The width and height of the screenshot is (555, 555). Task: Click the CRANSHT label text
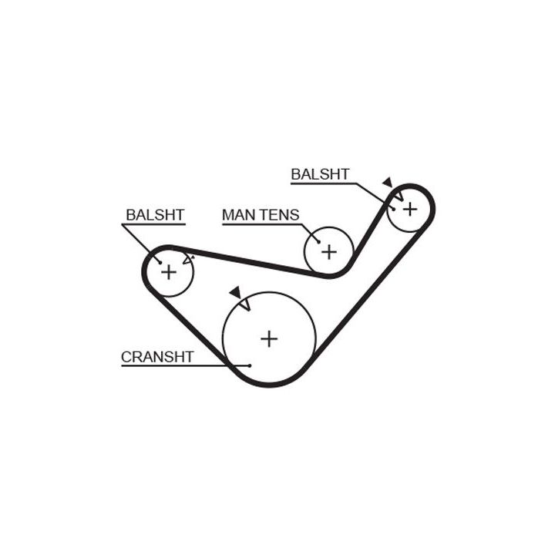pyautogui.click(x=156, y=356)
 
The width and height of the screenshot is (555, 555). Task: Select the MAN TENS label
pyautogui.click(x=260, y=215)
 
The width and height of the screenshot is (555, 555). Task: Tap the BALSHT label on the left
pyautogui.click(x=155, y=215)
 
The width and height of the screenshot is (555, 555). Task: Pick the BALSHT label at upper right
pyautogui.click(x=320, y=175)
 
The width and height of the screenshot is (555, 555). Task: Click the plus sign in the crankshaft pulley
pyautogui.click(x=268, y=338)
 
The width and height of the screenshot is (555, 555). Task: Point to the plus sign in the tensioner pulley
pyautogui.click(x=329, y=251)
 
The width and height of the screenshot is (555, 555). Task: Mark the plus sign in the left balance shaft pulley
pyautogui.click(x=168, y=271)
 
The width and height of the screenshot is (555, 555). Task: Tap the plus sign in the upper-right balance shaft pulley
pyautogui.click(x=410, y=208)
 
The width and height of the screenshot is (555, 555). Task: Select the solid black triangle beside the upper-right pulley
pyautogui.click(x=387, y=182)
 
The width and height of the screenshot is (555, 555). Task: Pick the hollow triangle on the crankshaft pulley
pyautogui.click(x=245, y=304)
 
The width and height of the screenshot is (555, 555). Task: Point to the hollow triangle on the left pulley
pyautogui.click(x=188, y=260)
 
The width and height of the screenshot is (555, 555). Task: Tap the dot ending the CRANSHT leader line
pyautogui.click(x=250, y=365)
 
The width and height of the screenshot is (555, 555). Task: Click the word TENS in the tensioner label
pyautogui.click(x=278, y=215)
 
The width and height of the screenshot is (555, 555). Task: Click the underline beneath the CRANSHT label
pyautogui.click(x=177, y=365)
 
